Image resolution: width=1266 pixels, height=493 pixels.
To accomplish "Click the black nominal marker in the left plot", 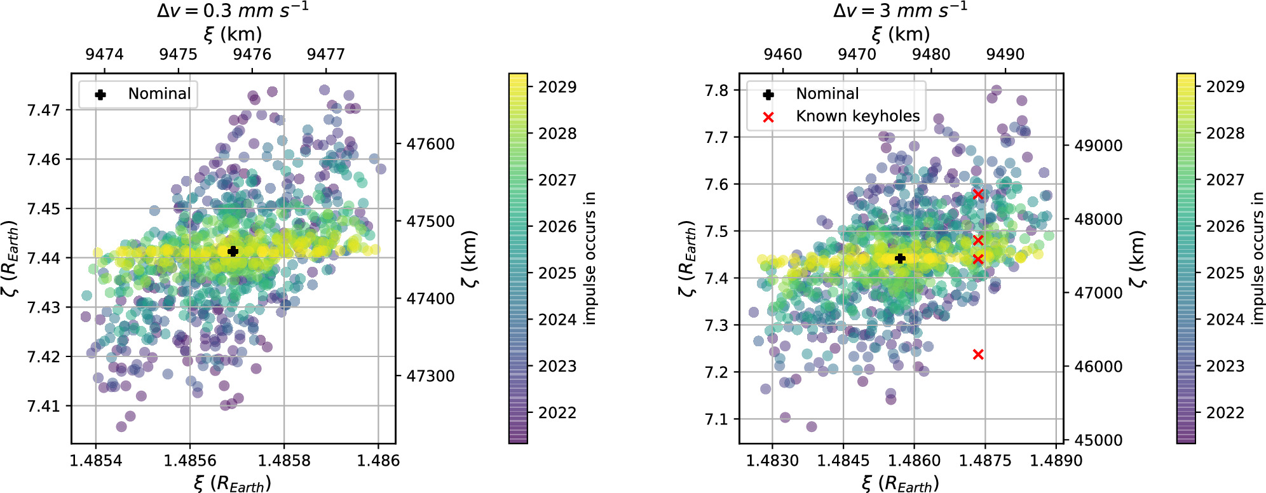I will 233,251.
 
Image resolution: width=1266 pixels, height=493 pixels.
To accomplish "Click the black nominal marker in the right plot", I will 900,259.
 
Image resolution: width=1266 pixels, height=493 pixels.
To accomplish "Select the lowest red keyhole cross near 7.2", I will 978,355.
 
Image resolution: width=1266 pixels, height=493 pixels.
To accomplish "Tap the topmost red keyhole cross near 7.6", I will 978,194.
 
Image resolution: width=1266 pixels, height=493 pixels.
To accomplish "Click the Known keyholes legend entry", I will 857,116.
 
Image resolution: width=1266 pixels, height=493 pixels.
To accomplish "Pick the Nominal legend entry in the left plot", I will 159,94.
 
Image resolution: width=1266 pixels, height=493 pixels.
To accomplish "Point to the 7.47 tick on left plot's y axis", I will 43,110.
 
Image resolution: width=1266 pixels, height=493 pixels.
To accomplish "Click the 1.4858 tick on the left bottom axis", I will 283,461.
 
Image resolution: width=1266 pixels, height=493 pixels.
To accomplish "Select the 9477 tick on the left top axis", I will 325,54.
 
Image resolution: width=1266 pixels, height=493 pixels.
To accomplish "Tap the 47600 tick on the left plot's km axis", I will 431,144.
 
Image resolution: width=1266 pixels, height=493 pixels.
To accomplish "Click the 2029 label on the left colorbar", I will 557,87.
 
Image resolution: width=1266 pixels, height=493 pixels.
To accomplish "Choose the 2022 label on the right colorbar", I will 1225,413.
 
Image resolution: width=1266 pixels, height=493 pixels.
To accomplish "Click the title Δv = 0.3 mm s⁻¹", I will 233,11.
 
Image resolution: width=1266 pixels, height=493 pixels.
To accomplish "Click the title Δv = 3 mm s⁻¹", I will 900,11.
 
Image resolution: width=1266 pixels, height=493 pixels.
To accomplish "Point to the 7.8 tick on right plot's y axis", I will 716,90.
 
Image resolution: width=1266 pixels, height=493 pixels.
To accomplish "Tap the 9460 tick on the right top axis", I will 782,54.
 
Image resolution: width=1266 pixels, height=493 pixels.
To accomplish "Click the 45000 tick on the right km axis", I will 1098,440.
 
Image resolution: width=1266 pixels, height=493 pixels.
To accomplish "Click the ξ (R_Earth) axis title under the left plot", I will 233,483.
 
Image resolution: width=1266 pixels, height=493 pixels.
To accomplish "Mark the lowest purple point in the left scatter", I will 121,426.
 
